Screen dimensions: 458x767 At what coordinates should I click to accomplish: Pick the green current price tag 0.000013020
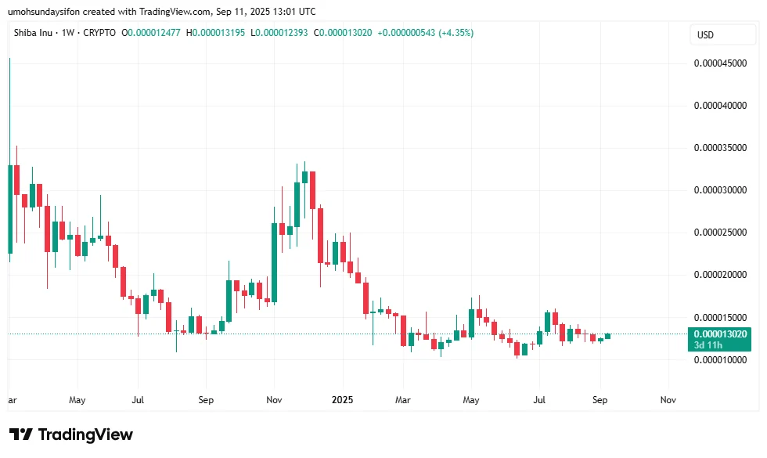pyautogui.click(x=719, y=334)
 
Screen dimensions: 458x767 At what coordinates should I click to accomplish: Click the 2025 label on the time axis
pyautogui.click(x=341, y=399)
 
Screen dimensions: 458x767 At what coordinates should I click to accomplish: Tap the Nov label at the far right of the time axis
pyautogui.click(x=668, y=399)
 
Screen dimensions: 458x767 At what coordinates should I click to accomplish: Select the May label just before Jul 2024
pyautogui.click(x=77, y=399)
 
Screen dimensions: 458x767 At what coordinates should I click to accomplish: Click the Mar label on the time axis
pyautogui.click(x=402, y=399)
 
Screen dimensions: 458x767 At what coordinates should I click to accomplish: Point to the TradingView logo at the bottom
pyautogui.click(x=71, y=435)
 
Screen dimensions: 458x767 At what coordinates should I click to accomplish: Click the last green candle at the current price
pyautogui.click(x=607, y=336)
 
